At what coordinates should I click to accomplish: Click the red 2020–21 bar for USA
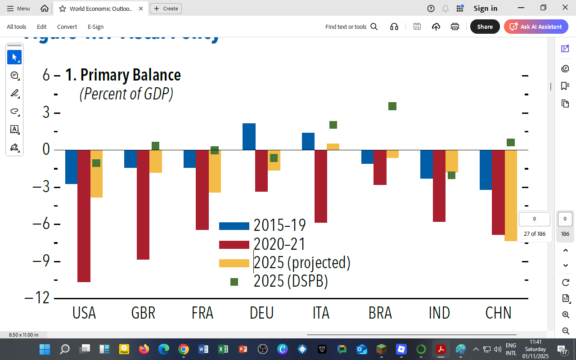pyautogui.click(x=84, y=216)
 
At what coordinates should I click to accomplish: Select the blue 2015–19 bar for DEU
pyautogui.click(x=249, y=137)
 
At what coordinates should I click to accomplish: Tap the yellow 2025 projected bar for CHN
pyautogui.click(x=511, y=196)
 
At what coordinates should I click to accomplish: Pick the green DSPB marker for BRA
pyautogui.click(x=392, y=106)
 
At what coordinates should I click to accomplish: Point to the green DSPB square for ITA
pyautogui.click(x=333, y=125)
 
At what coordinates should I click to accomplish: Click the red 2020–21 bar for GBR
pyautogui.click(x=143, y=205)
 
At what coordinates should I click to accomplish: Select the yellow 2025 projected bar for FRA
pyautogui.click(x=215, y=171)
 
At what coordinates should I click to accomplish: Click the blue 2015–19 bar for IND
pyautogui.click(x=426, y=164)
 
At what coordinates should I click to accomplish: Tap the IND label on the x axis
pyautogui.click(x=439, y=313)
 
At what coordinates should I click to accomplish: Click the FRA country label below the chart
pyautogui.click(x=202, y=313)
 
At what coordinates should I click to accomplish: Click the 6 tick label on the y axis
pyautogui.click(x=46, y=75)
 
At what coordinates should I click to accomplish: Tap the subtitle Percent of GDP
pyautogui.click(x=126, y=94)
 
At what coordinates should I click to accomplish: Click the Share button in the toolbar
pyautogui.click(x=485, y=27)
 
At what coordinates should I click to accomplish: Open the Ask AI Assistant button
pyautogui.click(x=535, y=27)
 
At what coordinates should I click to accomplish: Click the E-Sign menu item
pyautogui.click(x=95, y=27)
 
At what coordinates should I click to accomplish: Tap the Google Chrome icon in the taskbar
pyautogui.click(x=183, y=349)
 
